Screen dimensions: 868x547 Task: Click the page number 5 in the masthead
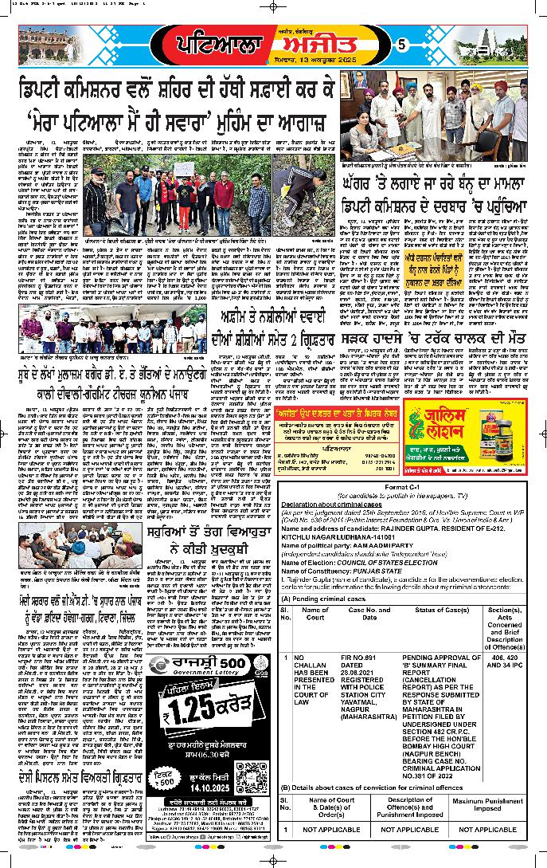pyautogui.click(x=401, y=43)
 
